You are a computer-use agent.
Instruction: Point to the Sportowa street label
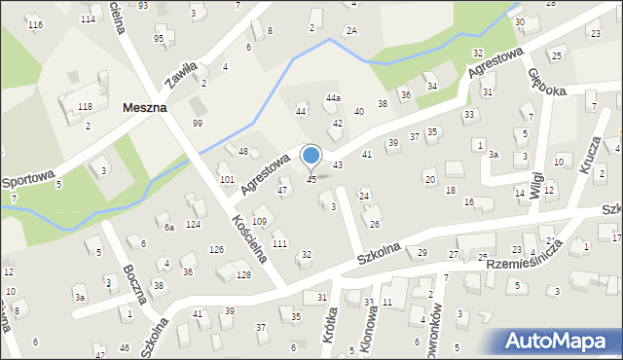tap(26, 181)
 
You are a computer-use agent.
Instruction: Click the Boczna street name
tap(133, 282)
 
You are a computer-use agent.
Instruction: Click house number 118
tap(85, 107)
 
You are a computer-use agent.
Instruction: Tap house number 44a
tap(333, 98)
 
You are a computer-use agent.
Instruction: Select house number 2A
tap(351, 31)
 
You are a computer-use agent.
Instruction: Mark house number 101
tap(227, 179)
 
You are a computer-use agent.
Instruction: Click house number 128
tap(242, 275)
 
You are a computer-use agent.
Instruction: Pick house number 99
tap(198, 123)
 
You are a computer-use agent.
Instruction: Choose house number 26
tap(374, 225)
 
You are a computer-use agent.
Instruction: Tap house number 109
tap(260, 223)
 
